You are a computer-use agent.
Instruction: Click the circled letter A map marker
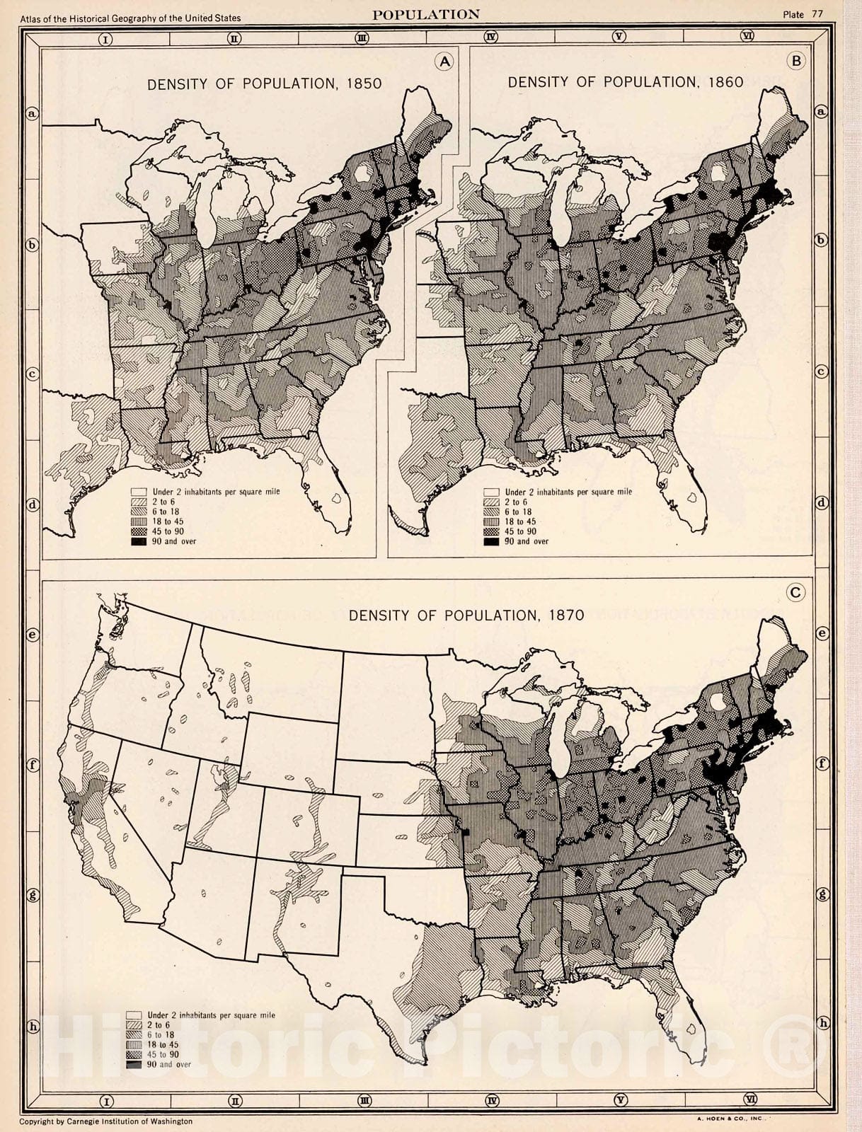click(x=444, y=62)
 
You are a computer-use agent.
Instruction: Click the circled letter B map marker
click(x=797, y=61)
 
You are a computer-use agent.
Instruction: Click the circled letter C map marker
click(x=796, y=592)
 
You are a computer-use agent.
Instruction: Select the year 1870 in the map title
click(x=566, y=615)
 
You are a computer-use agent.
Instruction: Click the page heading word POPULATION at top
click(x=425, y=14)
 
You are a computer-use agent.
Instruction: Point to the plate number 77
click(x=817, y=14)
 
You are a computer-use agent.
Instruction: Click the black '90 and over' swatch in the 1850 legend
click(x=139, y=541)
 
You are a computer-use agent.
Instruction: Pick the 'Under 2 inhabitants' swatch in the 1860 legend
click(x=491, y=492)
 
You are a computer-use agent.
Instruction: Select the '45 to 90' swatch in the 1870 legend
click(x=134, y=1054)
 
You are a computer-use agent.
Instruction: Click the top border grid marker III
click(x=362, y=38)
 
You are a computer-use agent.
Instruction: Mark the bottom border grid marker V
click(x=621, y=1100)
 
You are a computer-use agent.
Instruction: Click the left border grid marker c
click(x=32, y=374)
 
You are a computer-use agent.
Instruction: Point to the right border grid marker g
click(x=822, y=894)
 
